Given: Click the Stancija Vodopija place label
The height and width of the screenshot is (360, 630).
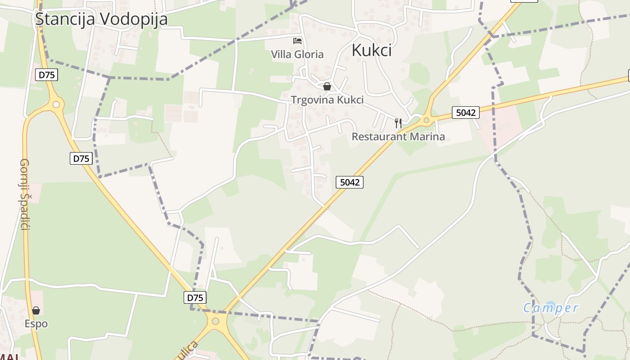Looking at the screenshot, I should coord(101,19).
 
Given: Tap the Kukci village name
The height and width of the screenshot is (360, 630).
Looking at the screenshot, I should coord(371,50).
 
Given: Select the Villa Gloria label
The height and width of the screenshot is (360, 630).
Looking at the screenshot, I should coord(297,54).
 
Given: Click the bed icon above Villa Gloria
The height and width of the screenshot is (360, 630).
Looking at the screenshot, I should coord(297,41).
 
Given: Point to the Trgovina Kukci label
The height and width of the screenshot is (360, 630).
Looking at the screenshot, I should coord(327,99).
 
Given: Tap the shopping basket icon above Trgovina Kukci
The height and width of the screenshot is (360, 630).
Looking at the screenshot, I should coord(327,86).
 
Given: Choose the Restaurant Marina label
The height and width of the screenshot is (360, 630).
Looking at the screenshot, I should coord(398,136).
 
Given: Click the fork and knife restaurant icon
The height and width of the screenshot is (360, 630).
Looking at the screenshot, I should coord(398,123).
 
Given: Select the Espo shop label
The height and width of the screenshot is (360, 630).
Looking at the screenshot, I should coord(36,324).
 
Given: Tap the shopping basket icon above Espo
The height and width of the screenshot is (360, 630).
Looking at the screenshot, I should coord(36,310).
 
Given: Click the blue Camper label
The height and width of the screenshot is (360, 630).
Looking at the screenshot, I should coord(550,308).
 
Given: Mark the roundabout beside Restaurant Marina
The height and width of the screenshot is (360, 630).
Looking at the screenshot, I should coord(426,120).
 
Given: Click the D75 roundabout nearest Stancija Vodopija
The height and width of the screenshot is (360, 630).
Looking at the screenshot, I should coord(56,104).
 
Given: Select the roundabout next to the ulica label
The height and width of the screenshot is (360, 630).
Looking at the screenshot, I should coord(216,321).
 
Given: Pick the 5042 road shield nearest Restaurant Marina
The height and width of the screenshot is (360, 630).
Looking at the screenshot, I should coord(465,112).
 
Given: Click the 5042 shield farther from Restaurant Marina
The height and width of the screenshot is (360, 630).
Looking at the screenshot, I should coord(350,182).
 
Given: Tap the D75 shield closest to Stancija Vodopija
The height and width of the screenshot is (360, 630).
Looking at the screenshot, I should coord(47,75).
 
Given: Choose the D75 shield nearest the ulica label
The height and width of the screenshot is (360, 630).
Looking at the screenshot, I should coord(195,297).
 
